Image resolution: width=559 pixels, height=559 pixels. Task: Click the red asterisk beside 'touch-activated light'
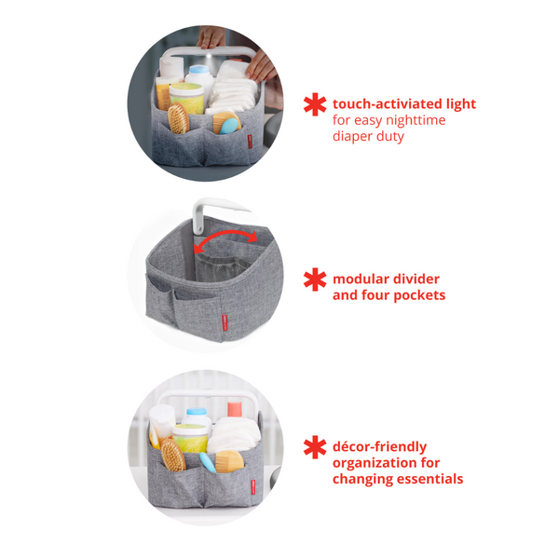click(315, 104)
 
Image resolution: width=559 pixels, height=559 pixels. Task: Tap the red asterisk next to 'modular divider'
click(315, 279)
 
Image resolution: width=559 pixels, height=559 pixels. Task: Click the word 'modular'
click(360, 279)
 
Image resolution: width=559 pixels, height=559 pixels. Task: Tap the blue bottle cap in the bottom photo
click(197, 413)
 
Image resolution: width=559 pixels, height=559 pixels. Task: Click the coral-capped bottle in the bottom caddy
click(234, 411)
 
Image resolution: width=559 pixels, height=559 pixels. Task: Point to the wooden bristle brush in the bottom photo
click(172, 456)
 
